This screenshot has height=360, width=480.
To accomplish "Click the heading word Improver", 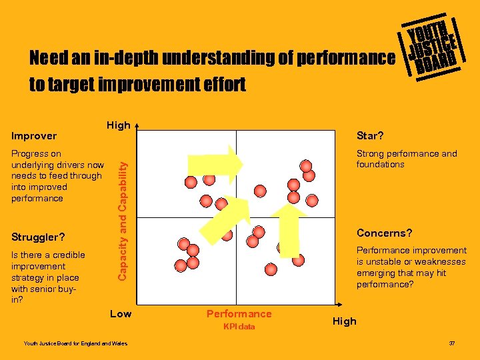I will point(34,136).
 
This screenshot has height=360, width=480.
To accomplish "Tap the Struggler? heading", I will point(38,237).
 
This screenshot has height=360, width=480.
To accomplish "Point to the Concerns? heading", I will point(384,233).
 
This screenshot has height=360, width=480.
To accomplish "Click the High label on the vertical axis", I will point(118,125).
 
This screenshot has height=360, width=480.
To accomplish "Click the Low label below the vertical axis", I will point(120,313).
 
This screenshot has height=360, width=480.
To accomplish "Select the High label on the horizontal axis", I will point(344,321).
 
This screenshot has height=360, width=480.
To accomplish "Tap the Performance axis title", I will point(239,313).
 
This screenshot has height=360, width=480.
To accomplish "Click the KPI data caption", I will point(239,327).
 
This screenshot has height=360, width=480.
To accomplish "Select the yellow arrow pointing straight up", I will point(289,227).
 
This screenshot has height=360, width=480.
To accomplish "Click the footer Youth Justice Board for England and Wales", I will point(67,343).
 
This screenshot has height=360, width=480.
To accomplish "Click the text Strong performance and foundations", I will point(407,159).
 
